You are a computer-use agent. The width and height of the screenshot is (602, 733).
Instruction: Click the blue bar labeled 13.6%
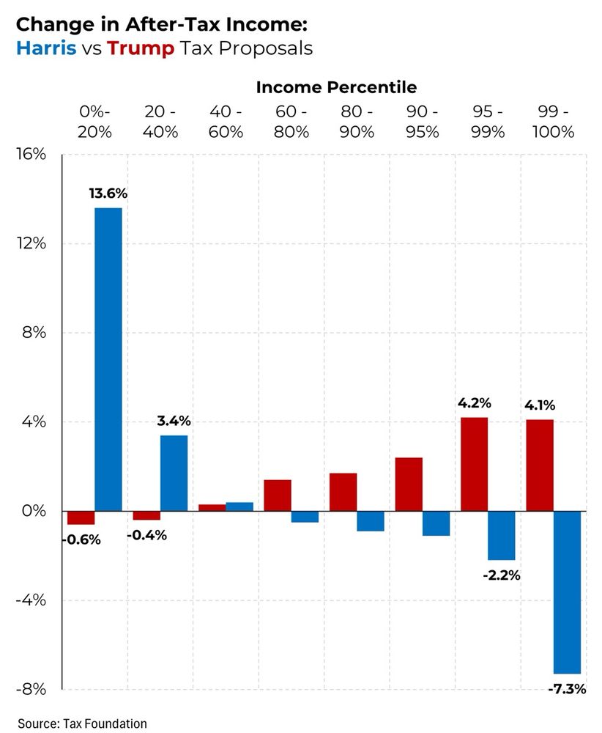pyautogui.click(x=108, y=359)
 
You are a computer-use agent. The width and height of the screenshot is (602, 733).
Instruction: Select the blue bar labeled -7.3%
pyautogui.click(x=567, y=592)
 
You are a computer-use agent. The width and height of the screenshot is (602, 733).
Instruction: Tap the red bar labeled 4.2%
pyautogui.click(x=474, y=464)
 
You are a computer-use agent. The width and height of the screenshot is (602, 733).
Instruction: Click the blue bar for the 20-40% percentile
pyautogui.click(x=174, y=473)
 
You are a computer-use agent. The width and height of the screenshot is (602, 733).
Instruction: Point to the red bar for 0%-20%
pyautogui.click(x=81, y=517)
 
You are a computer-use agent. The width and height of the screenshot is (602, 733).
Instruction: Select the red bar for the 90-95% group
pyautogui.click(x=409, y=484)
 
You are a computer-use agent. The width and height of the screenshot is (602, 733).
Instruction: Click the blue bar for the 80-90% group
pyautogui.click(x=371, y=520)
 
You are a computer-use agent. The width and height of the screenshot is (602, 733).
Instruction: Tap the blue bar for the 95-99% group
pyautogui.click(x=502, y=535)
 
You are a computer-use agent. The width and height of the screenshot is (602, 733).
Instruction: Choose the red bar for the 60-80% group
pyautogui.click(x=278, y=495)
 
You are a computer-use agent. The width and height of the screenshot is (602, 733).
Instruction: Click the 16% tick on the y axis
pyautogui.click(x=31, y=155)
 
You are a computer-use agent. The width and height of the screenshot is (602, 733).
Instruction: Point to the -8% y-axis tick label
pyautogui.click(x=31, y=689)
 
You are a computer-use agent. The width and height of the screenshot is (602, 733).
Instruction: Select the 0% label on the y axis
pyautogui.click(x=33, y=511)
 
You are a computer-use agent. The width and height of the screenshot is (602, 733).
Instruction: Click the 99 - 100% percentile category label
pyautogui.click(x=553, y=122)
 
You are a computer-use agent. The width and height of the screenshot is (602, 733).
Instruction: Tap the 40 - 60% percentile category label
pyautogui.click(x=226, y=122)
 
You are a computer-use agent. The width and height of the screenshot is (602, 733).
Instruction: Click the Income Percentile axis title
pyautogui.click(x=336, y=87)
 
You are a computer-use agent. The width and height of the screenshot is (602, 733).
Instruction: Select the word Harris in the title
pyautogui.click(x=46, y=48)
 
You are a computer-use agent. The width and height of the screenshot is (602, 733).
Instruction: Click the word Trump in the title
pyautogui.click(x=141, y=48)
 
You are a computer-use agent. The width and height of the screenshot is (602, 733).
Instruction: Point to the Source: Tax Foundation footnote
pyautogui.click(x=82, y=723)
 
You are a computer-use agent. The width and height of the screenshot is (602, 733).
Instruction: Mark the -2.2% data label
pyautogui.click(x=502, y=575)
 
